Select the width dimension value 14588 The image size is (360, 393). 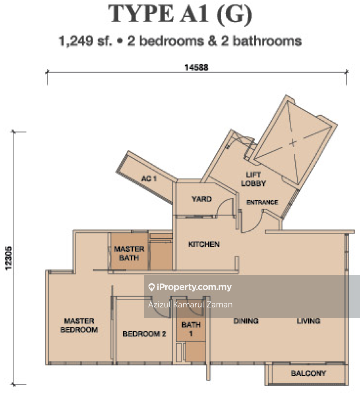point(196,68)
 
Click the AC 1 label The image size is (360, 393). point(149,179)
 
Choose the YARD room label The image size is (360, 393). point(201,199)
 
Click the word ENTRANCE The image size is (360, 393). point(262,202)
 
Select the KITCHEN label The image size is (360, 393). point(203,244)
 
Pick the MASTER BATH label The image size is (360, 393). point(129,253)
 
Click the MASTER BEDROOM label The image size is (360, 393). point(79,325)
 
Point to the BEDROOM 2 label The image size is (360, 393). point(144,334)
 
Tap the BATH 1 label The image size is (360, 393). point(191,329)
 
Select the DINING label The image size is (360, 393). point(246,321)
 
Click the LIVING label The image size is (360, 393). point(308,321)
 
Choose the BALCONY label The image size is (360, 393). point(308,374)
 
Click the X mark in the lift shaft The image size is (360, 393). point(293,142)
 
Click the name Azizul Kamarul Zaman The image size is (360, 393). point(190,305)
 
